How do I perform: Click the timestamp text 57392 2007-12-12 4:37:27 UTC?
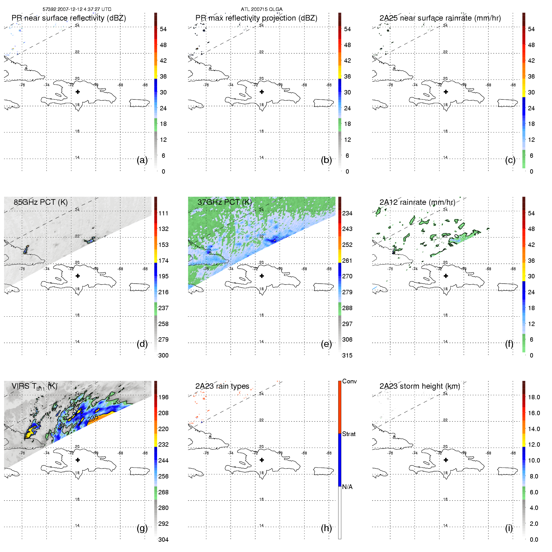click(x=77, y=9)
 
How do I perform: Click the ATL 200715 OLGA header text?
click(x=262, y=9)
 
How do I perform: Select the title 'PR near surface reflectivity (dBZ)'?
click(x=69, y=18)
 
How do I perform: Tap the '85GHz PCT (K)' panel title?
click(x=41, y=202)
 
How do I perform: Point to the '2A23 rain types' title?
click(x=222, y=386)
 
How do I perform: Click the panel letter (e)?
click(x=326, y=344)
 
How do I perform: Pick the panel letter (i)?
click(x=509, y=528)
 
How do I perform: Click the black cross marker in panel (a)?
click(x=78, y=92)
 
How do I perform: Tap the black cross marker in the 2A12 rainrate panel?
click(x=446, y=276)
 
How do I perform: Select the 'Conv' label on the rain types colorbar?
click(x=349, y=382)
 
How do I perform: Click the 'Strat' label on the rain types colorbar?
click(x=349, y=434)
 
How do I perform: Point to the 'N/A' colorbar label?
click(x=347, y=487)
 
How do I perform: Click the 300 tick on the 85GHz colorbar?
click(x=163, y=355)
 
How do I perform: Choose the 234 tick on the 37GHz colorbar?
click(x=347, y=214)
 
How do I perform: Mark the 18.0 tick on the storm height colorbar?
click(x=534, y=397)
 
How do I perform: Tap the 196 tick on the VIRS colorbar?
click(x=163, y=397)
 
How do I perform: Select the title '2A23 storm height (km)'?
click(x=420, y=386)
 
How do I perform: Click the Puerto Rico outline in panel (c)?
click(x=507, y=103)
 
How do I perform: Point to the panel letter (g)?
click(x=142, y=528)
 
